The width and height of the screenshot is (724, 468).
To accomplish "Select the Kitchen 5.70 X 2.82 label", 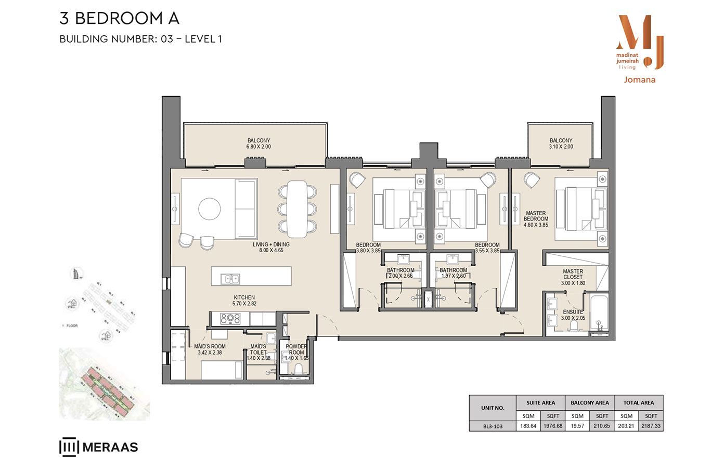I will (x=244, y=301).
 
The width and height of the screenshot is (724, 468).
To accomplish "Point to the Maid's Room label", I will (x=210, y=349).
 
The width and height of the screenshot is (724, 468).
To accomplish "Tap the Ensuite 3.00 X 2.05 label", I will (x=573, y=315).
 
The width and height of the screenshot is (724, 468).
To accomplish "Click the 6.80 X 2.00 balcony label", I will (x=258, y=144).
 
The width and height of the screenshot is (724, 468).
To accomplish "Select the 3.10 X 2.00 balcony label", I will (x=561, y=144).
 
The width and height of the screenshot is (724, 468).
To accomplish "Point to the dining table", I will (x=297, y=208).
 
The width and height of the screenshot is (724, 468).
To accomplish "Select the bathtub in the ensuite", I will (x=597, y=314).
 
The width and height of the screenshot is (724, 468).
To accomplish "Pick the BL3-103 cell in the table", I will (x=493, y=426).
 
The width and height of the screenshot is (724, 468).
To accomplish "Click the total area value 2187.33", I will (x=651, y=426).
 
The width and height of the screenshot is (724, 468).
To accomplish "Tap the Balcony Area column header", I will (x=589, y=402).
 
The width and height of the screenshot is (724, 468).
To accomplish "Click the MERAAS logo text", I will (x=110, y=447).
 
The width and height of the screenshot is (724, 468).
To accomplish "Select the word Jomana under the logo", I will (x=639, y=80).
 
